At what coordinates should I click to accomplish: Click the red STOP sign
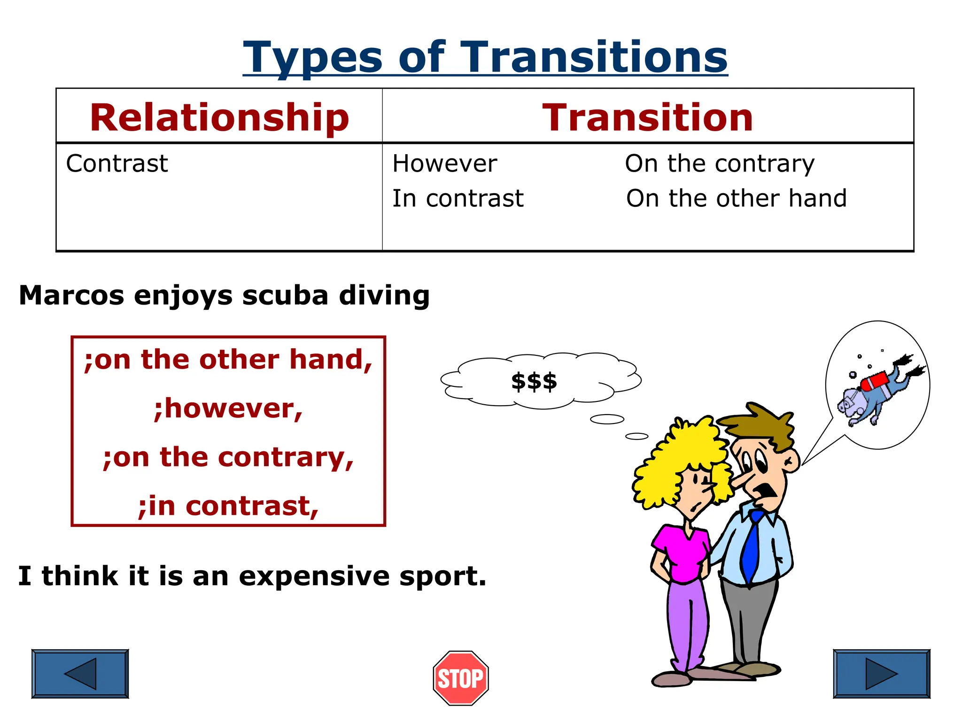point(461,678)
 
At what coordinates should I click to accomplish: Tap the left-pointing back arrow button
point(80,674)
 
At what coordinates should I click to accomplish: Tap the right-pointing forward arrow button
point(881,674)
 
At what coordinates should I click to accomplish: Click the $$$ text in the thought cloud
point(534,381)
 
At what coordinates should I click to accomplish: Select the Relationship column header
point(219,118)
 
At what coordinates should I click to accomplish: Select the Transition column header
point(648,118)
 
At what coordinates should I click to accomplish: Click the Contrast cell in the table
point(117,164)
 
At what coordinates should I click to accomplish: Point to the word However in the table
point(444,164)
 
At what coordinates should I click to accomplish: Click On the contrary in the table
point(720,164)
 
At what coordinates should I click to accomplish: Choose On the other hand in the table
point(737,198)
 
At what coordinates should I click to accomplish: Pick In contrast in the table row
point(458,198)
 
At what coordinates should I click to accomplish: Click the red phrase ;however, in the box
point(228,408)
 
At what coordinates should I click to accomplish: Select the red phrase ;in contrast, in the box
point(228,506)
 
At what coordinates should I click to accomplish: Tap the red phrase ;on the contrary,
point(228,457)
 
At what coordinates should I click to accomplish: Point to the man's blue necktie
point(753,545)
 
